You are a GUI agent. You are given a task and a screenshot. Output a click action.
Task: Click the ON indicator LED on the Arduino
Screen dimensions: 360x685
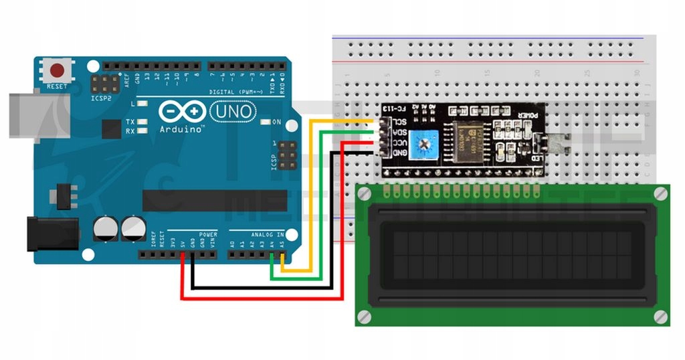pyautogui.click(x=266, y=122)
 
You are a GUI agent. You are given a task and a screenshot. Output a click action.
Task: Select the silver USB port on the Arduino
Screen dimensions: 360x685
pyautogui.click(x=30, y=115)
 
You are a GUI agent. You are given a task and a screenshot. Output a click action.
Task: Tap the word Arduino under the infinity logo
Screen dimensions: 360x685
pyautogui.click(x=182, y=129)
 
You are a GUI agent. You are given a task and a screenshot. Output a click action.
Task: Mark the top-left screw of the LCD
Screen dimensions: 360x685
pyautogui.click(x=364, y=194)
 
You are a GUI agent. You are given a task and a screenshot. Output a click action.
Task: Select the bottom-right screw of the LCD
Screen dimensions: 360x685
pyautogui.click(x=662, y=316)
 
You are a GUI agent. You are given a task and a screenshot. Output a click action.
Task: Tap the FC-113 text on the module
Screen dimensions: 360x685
pyautogui.click(x=399, y=108)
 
